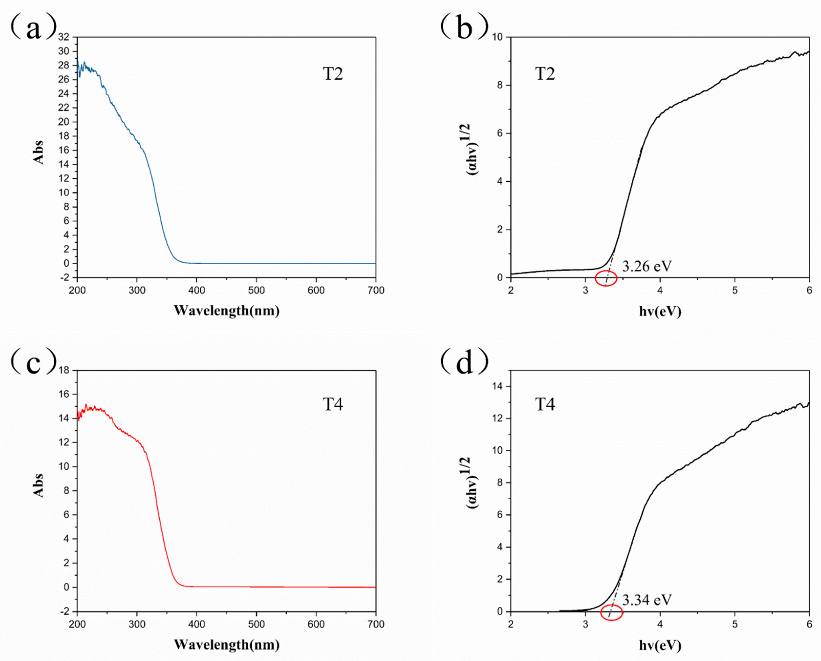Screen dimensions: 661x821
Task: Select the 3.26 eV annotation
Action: (647, 266)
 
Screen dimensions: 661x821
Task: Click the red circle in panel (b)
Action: (606, 278)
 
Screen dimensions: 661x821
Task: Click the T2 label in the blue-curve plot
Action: (333, 74)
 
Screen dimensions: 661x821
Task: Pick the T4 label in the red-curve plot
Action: (333, 404)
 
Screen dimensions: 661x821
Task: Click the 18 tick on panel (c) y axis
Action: (64, 370)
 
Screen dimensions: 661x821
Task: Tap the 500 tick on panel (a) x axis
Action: (256, 290)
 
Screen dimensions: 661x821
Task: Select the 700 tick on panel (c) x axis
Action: (376, 624)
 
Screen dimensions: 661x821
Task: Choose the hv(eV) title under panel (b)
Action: (660, 311)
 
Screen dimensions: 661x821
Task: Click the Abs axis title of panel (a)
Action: (38, 152)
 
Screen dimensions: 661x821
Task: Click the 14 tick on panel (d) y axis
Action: (498, 386)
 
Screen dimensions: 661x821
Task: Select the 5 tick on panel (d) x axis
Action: (735, 624)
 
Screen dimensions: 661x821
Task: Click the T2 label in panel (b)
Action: (545, 74)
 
